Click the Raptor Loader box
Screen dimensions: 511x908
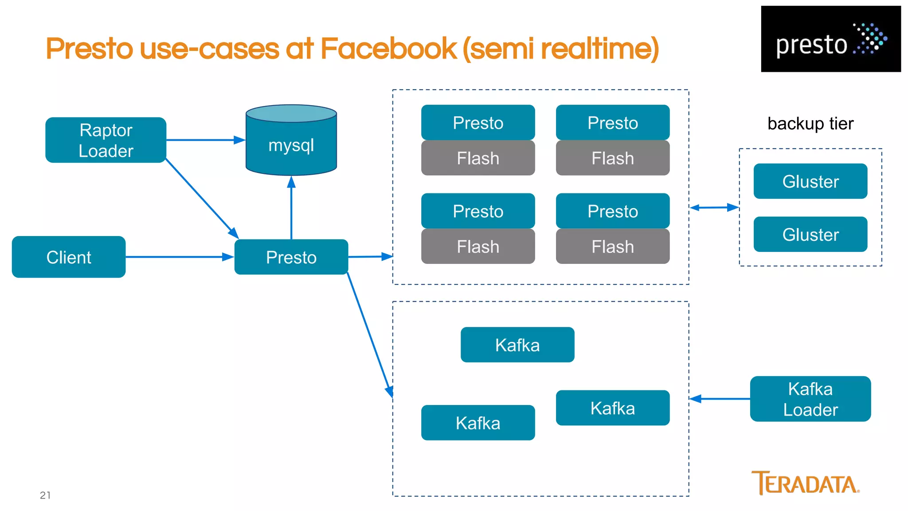(106, 140)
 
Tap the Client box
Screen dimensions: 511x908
(69, 257)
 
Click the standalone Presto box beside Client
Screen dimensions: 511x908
(291, 257)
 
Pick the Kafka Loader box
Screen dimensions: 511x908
(810, 399)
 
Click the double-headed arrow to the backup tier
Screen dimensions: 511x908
(714, 208)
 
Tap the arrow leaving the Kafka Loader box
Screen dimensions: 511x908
(720, 399)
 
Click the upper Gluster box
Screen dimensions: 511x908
(810, 181)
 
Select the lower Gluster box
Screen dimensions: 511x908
(810, 234)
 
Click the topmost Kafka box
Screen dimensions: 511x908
(517, 345)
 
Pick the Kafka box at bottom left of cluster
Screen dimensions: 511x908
(478, 423)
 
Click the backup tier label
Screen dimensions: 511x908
(810, 124)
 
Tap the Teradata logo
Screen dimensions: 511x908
(805, 483)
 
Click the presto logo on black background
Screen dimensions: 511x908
(830, 39)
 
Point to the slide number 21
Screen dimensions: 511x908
(45, 495)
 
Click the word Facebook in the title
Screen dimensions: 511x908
(388, 48)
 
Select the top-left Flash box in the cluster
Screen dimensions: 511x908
(478, 158)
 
